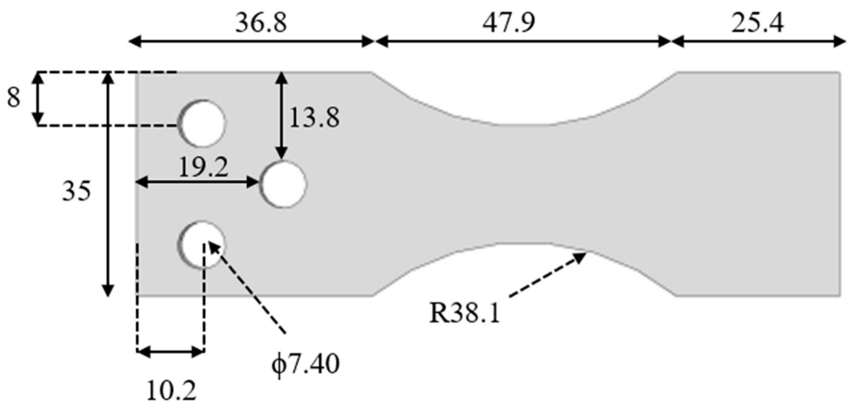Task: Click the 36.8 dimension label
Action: pyautogui.click(x=261, y=23)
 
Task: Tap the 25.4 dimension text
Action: pyautogui.click(x=757, y=23)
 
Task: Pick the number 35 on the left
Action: pyautogui.click(x=76, y=192)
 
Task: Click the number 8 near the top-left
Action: pyautogui.click(x=14, y=98)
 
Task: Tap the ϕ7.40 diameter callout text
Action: pyautogui.click(x=305, y=365)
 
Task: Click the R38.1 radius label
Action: pyautogui.click(x=464, y=313)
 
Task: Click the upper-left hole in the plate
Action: pyautogui.click(x=202, y=123)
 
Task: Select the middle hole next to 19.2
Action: pyautogui.click(x=283, y=184)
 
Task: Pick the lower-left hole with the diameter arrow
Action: pyautogui.click(x=201, y=245)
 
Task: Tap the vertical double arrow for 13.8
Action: pyautogui.click(x=282, y=115)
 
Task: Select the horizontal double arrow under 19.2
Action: pyautogui.click(x=197, y=182)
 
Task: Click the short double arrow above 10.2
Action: pyautogui.click(x=171, y=351)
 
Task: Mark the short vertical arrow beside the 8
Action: pyautogui.click(x=38, y=98)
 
